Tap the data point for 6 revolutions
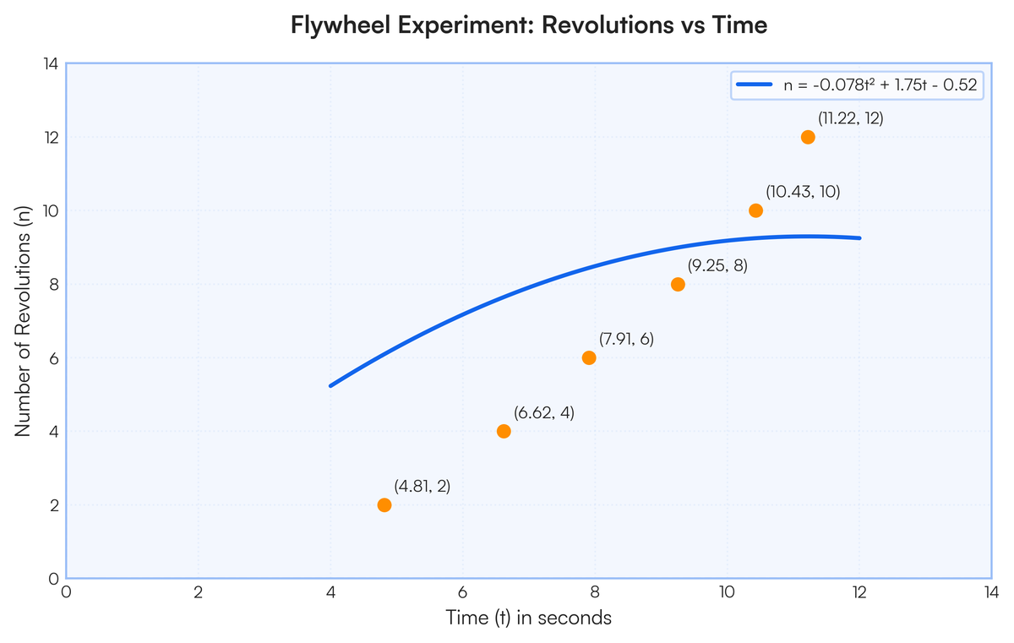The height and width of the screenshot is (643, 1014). pos(589,358)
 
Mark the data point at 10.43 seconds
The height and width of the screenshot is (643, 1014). pos(755,210)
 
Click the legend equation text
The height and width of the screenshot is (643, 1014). pos(880,84)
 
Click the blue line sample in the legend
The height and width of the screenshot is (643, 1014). pos(754,84)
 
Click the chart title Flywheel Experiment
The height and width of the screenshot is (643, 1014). pos(529,25)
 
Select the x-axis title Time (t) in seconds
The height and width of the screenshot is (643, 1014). pos(529,617)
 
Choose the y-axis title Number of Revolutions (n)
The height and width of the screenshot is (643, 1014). pos(23,321)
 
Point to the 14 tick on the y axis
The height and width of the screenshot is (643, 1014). pos(52,64)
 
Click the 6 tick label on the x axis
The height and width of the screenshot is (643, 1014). pos(463,592)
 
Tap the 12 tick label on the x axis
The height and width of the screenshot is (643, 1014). pos(859,592)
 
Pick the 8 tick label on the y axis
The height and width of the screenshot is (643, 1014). pos(54,285)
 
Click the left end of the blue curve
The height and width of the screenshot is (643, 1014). pos(330,386)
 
